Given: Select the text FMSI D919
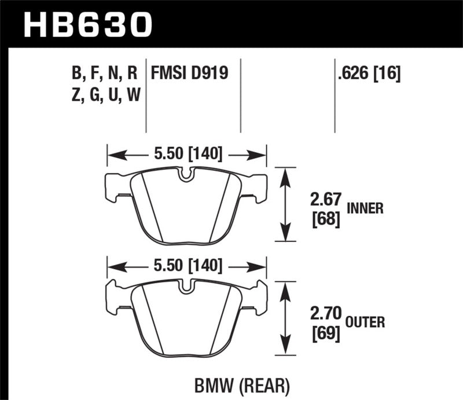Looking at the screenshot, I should pos(189,73).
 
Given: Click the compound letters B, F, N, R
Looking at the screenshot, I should pos(104,73).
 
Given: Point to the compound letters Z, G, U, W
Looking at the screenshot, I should pos(104,95).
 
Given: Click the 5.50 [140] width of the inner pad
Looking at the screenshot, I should pos(186,155).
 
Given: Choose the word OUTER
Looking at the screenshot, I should pos(366,321).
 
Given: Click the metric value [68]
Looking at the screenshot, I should pos(324,221).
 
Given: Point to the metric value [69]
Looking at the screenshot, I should pos(324,334).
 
